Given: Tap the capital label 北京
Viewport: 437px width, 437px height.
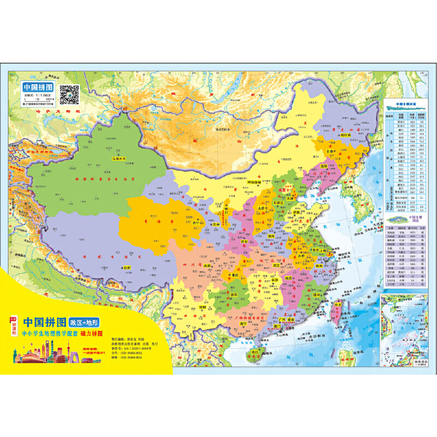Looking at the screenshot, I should (284, 190).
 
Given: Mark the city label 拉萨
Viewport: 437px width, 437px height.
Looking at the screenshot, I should (128, 268).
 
